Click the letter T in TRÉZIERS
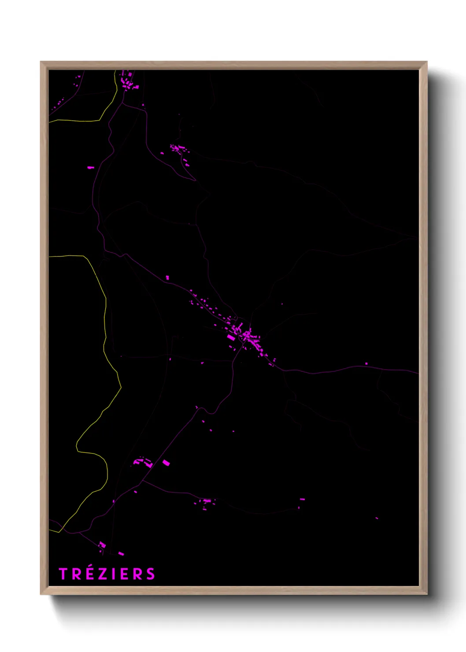[x=63, y=574]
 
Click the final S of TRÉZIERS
[x=151, y=574]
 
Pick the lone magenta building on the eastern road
[x=366, y=364]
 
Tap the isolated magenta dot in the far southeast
[x=377, y=518]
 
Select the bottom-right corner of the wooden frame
[x=426, y=594]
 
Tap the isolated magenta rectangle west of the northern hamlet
[x=90, y=167]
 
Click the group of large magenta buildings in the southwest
[x=144, y=462]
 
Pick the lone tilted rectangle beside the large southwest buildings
[x=166, y=463]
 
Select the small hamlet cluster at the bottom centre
[x=205, y=502]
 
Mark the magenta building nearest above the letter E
[x=121, y=553]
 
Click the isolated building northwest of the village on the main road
[x=167, y=277]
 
